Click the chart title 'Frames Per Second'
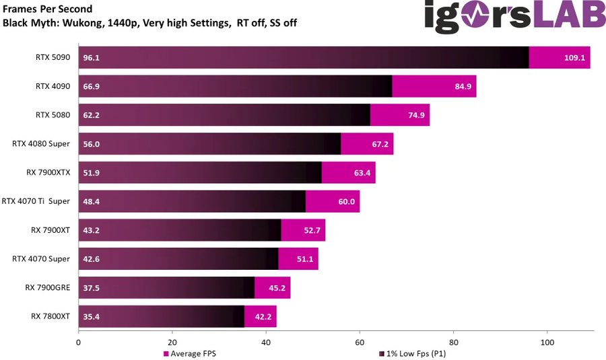pyautogui.click(x=48, y=9)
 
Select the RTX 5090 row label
pyautogui.click(x=53, y=57)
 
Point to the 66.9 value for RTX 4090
pyautogui.click(x=92, y=86)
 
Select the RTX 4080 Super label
pyautogui.click(x=41, y=143)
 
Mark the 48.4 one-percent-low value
pyautogui.click(x=92, y=201)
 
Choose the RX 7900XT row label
pyautogui.click(x=50, y=229)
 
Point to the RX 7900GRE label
pyautogui.click(x=48, y=287)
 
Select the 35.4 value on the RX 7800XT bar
pyautogui.click(x=92, y=315)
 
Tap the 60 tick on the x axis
pyautogui.click(x=360, y=342)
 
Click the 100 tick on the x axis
pyautogui.click(x=547, y=342)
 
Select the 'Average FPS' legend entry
pyautogui.click(x=191, y=353)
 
